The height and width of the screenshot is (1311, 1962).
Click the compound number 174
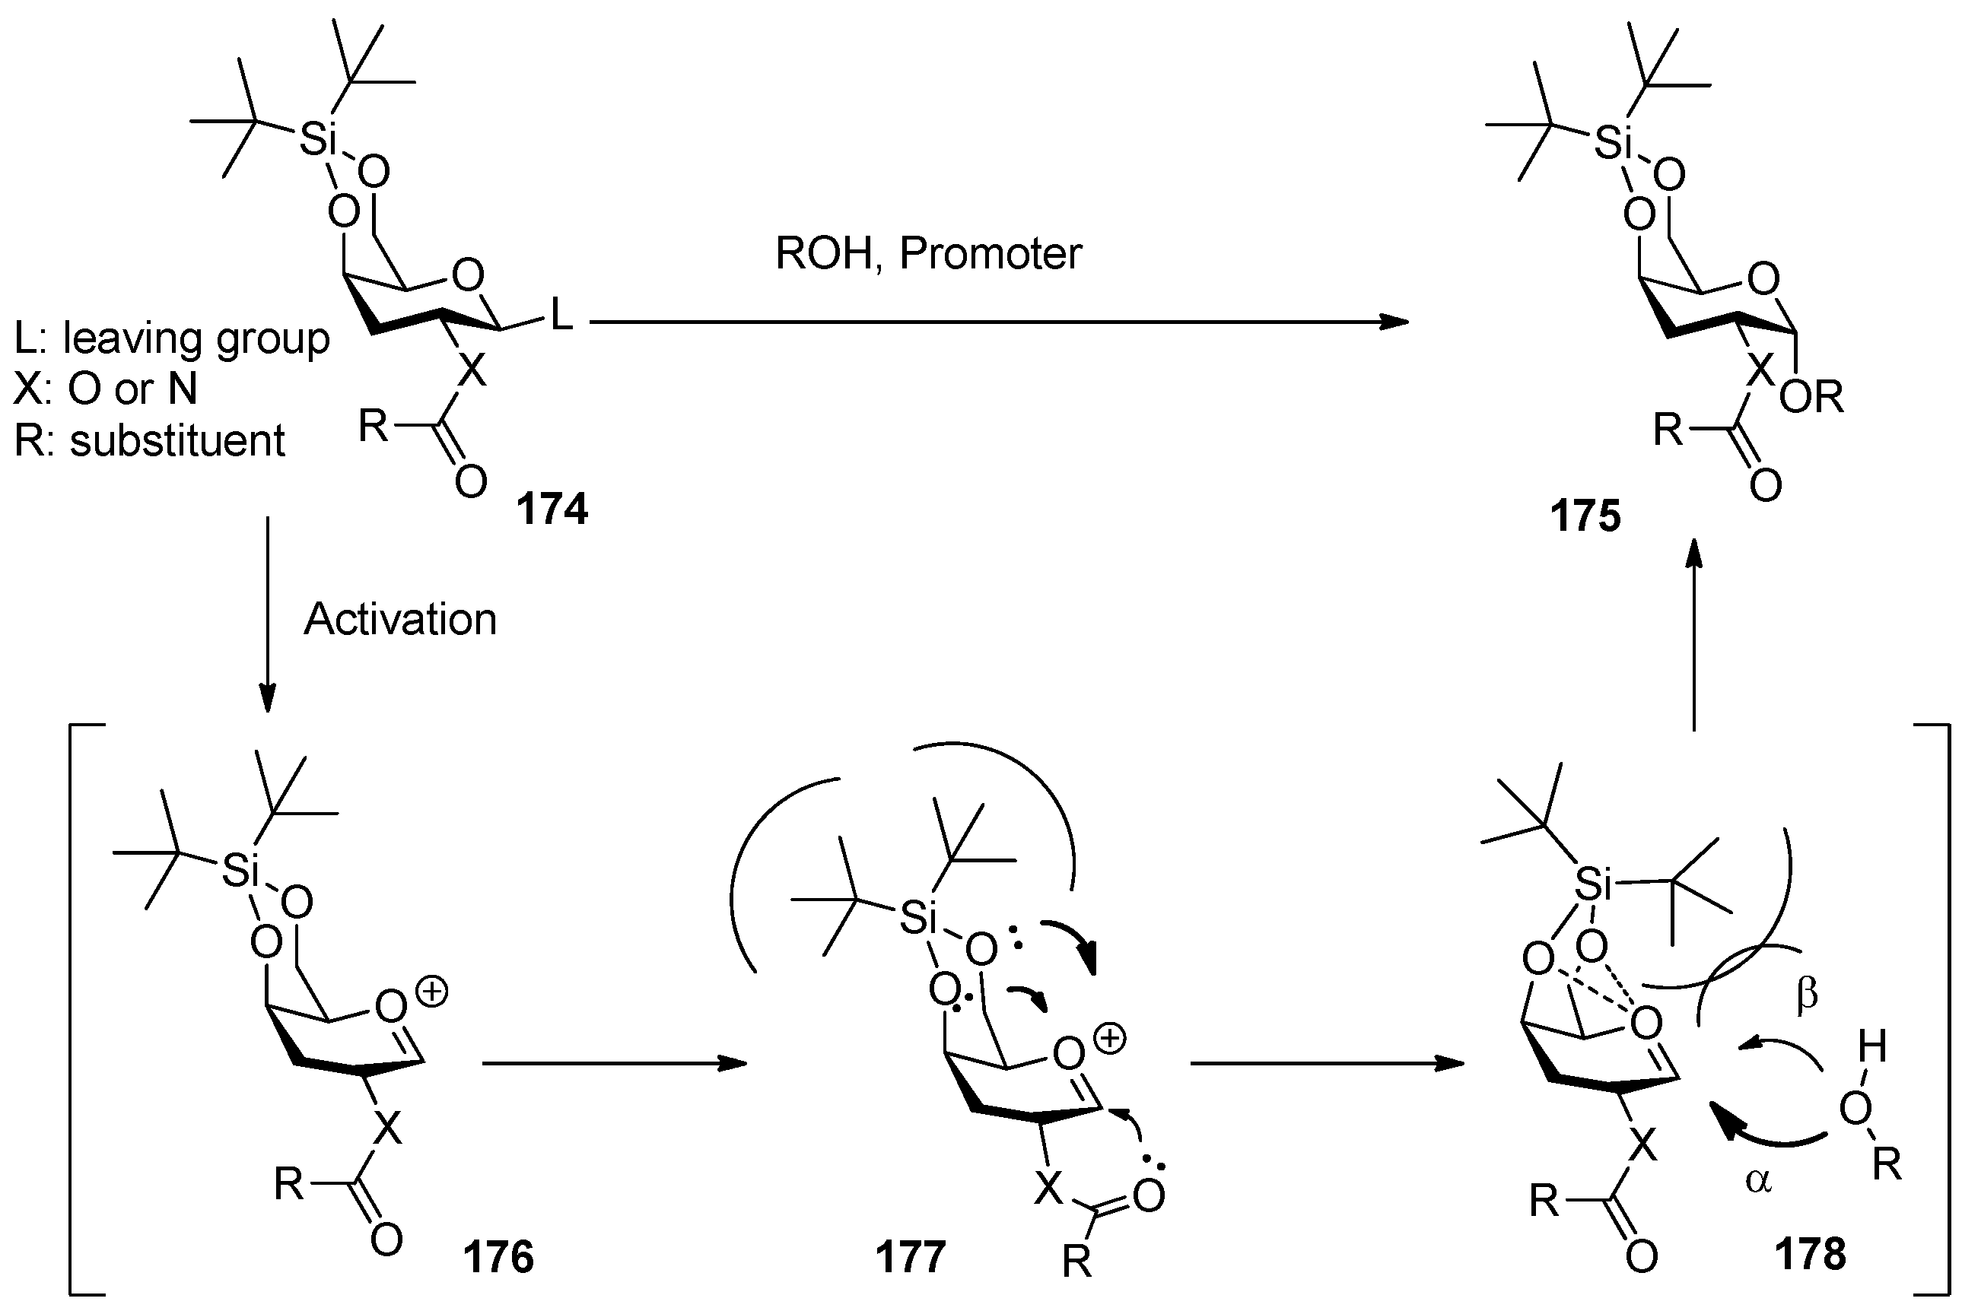(x=552, y=508)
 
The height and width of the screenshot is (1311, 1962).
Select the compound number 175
(x=1585, y=515)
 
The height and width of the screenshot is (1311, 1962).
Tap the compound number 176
(x=498, y=1257)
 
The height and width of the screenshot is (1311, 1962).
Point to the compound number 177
(x=911, y=1257)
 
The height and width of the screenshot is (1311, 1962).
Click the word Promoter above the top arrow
(x=991, y=253)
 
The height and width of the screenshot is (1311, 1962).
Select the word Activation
(x=399, y=620)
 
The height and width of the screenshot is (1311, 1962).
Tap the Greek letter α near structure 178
(x=1758, y=1180)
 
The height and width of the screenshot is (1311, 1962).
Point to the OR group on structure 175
(x=1811, y=398)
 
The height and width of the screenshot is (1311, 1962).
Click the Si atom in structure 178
(x=1593, y=883)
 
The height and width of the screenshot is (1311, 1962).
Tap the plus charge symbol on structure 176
(x=432, y=992)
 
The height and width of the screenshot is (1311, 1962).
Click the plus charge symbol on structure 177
(x=1110, y=1040)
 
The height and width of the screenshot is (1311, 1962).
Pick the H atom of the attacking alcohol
(x=1871, y=1046)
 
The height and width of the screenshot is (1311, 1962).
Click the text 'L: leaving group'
(x=171, y=338)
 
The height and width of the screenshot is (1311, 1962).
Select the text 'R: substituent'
(x=150, y=440)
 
